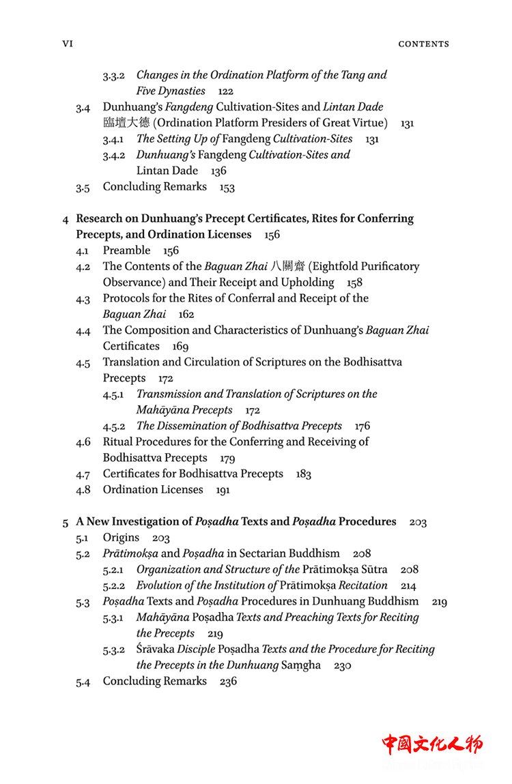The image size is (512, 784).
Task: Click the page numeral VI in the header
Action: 67,44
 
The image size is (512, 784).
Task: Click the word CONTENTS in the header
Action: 423,44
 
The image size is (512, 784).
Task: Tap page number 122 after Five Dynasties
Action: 226,91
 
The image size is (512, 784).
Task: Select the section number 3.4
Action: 83,108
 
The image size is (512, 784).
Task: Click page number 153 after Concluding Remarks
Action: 227,187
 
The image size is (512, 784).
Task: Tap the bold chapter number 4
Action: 66,219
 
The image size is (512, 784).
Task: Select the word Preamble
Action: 126,250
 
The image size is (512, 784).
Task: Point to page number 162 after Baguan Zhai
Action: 186,315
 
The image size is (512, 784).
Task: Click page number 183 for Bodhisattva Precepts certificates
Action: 304,474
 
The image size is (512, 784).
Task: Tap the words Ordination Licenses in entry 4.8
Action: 153,490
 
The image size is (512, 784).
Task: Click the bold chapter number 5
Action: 66,522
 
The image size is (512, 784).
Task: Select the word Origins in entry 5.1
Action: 121,538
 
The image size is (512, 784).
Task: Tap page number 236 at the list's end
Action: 228,682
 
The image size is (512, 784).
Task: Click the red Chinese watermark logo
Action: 431,744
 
